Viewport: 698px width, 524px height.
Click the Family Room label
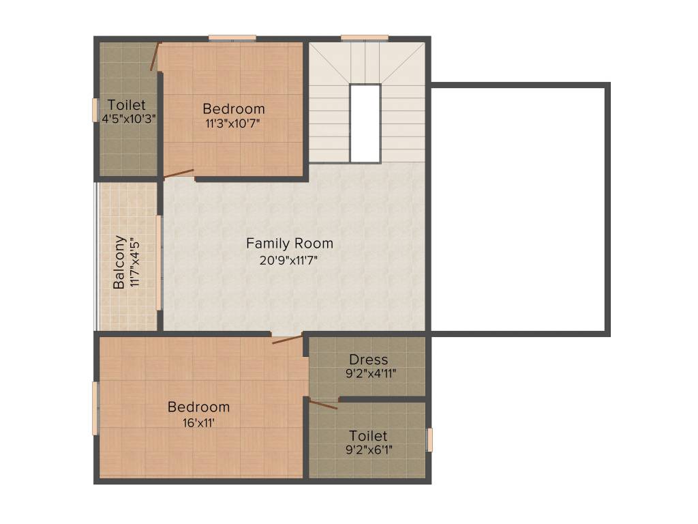[x=290, y=243]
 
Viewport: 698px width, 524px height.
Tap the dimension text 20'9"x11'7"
[x=290, y=260]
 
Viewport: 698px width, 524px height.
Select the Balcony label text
[x=119, y=263]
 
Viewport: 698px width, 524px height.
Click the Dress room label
[x=368, y=359]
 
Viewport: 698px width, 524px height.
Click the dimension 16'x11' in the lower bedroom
[x=198, y=422]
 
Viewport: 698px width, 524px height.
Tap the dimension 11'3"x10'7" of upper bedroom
[x=233, y=123]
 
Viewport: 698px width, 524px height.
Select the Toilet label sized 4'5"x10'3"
[x=127, y=105]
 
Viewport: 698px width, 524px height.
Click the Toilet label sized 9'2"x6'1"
[x=368, y=435]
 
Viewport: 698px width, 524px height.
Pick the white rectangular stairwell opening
[x=365, y=123]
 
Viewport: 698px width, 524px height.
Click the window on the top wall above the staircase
[x=365, y=38]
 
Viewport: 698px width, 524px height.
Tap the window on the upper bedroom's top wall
[x=232, y=38]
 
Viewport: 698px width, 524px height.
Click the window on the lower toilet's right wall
[x=429, y=439]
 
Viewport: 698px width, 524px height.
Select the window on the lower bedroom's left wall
[x=96, y=408]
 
